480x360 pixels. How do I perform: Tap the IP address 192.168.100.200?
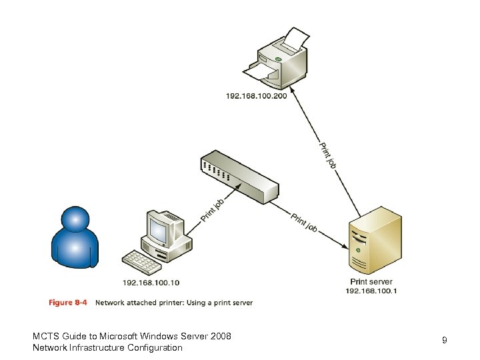click(x=256, y=97)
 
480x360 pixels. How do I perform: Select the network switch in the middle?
click(x=239, y=177)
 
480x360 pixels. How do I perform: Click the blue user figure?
click(x=75, y=237)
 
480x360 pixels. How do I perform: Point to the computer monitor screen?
click(x=159, y=231)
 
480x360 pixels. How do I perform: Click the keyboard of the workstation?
click(x=142, y=262)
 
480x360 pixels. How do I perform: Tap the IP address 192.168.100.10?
click(x=151, y=283)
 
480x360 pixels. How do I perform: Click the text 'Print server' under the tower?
click(x=371, y=282)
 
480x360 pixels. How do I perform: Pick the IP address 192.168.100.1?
click(x=371, y=291)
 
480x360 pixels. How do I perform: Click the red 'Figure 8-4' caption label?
click(x=68, y=303)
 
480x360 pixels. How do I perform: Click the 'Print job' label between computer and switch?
click(x=212, y=209)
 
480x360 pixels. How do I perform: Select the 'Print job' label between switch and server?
click(x=304, y=223)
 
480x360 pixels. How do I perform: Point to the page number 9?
click(x=444, y=341)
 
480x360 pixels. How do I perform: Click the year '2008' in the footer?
click(x=220, y=336)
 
